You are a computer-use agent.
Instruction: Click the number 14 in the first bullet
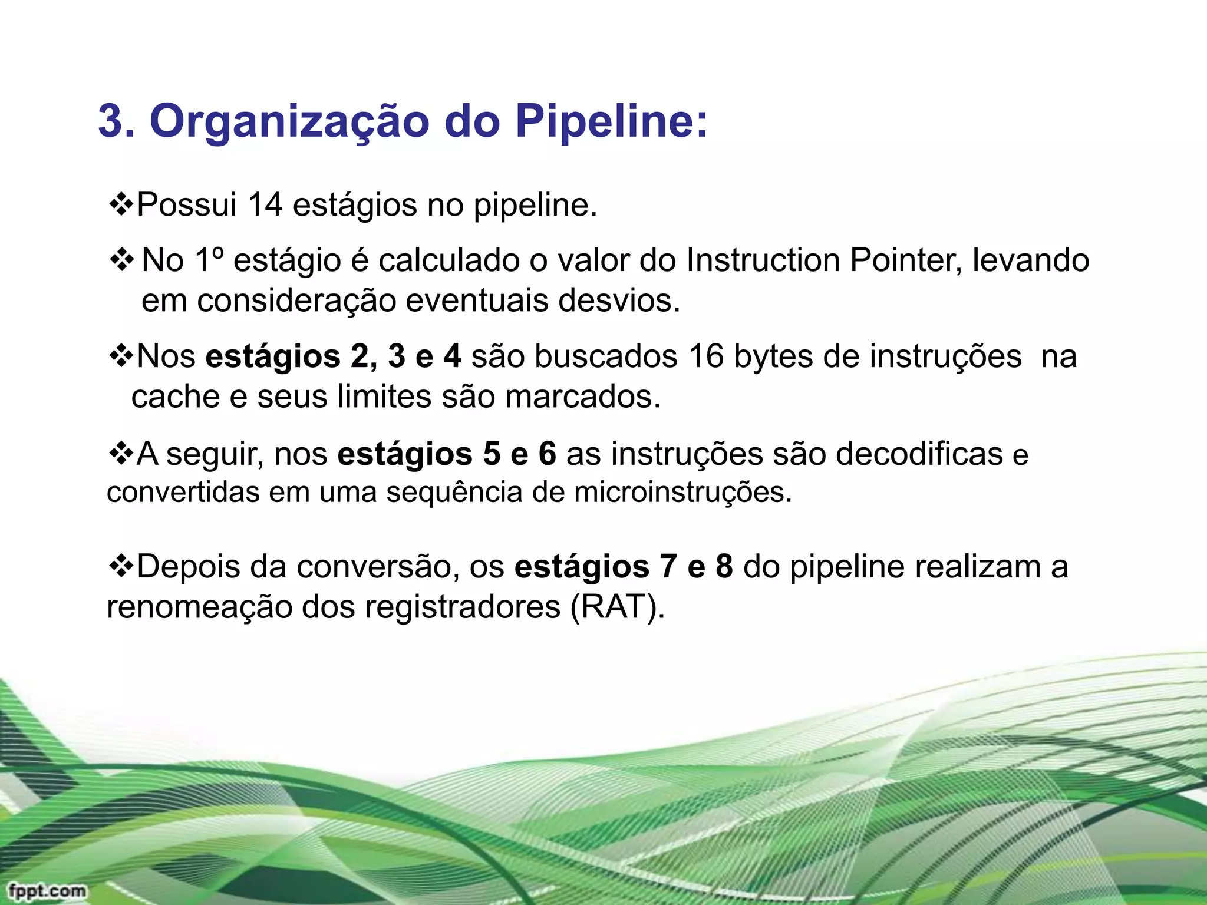265,206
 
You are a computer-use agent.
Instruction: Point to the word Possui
186,206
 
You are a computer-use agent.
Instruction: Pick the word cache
175,397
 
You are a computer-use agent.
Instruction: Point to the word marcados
583,397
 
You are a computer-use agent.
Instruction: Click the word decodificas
919,454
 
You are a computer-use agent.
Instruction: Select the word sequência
454,493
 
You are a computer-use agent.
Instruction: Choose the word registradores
461,607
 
